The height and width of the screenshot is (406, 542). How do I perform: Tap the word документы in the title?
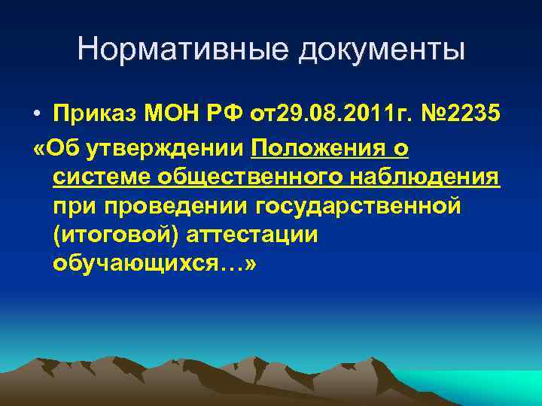(x=382, y=50)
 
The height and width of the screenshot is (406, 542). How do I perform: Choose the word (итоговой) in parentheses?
(x=108, y=235)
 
